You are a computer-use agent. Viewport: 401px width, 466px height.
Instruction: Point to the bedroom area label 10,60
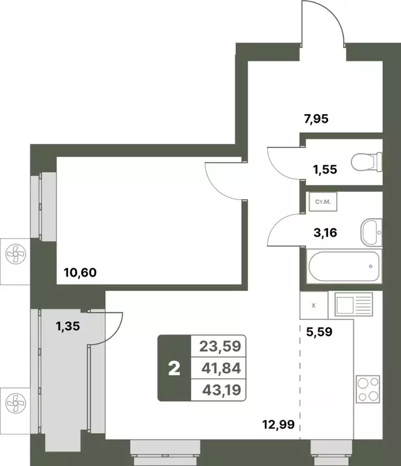click(x=79, y=274)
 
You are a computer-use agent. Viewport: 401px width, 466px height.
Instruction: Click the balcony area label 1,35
click(x=68, y=326)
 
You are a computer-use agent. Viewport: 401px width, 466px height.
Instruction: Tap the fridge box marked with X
click(x=313, y=306)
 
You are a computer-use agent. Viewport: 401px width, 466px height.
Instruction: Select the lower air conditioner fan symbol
click(x=14, y=402)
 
